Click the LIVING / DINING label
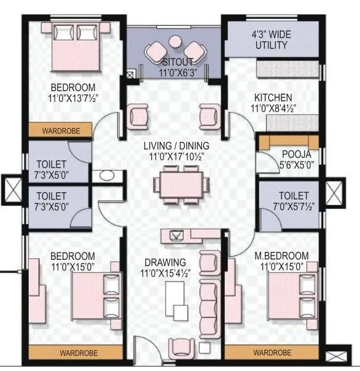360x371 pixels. [176, 146]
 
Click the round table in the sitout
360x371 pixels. [176, 43]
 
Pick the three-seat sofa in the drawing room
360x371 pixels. [210, 302]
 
